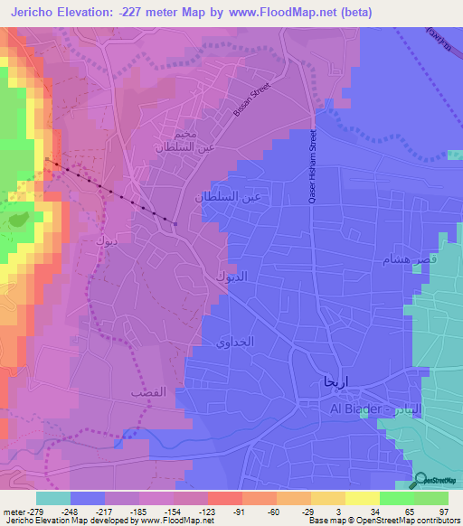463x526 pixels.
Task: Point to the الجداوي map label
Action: (236, 343)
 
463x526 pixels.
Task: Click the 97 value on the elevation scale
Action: (443, 511)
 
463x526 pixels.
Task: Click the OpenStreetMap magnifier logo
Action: (422, 483)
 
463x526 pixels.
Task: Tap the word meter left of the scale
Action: (13, 511)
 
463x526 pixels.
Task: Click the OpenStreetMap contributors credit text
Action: (402, 521)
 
